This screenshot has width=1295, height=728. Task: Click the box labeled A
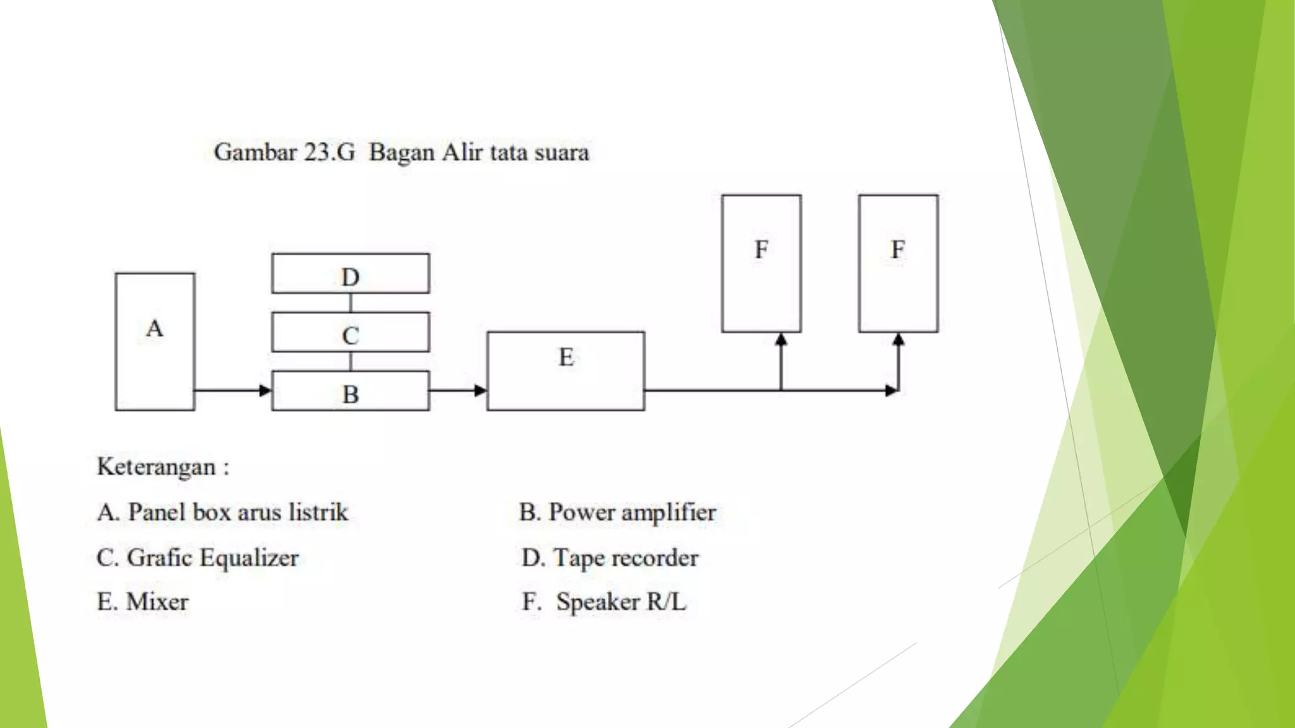click(155, 342)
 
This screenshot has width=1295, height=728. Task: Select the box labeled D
click(350, 274)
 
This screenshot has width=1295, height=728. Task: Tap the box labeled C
click(350, 332)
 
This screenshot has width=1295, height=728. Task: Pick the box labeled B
click(350, 391)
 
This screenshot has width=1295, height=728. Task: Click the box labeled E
click(566, 371)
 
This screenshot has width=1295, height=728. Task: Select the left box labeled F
click(761, 264)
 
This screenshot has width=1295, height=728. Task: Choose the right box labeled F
click(898, 264)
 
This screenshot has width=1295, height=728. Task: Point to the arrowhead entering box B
click(266, 391)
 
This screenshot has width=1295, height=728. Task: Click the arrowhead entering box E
click(481, 391)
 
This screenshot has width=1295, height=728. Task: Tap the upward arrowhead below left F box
click(781, 340)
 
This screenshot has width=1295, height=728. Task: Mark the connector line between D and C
click(350, 303)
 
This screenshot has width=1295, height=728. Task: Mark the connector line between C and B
click(350, 361)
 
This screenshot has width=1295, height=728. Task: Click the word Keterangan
click(156, 467)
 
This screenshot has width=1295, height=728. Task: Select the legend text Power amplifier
click(632, 513)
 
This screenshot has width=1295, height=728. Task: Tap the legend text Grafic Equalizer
click(212, 558)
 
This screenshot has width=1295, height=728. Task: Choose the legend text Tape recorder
click(625, 558)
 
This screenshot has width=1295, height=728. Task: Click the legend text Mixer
click(157, 602)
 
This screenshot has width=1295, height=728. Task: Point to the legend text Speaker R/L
click(620, 602)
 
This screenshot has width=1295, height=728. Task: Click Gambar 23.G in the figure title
click(285, 152)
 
